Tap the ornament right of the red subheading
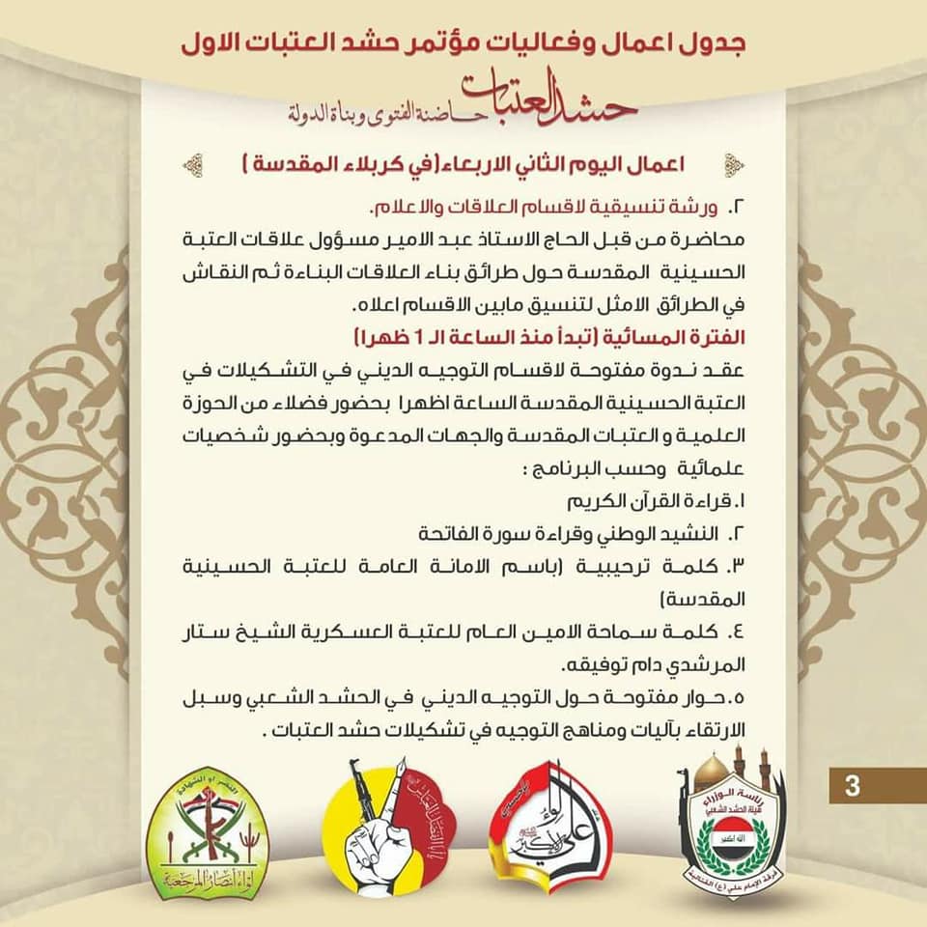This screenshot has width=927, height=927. [732, 165]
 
